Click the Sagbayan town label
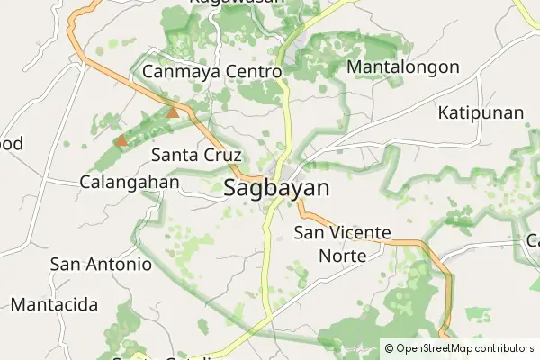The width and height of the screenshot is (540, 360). [x=276, y=189]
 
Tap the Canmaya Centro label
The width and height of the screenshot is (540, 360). [x=212, y=71]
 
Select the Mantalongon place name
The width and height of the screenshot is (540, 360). [x=402, y=67]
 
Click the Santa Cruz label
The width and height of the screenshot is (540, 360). [x=196, y=155]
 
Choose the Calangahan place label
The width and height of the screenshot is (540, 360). [x=129, y=181]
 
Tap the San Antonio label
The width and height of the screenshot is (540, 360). [x=101, y=265]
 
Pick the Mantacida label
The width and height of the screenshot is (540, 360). [x=54, y=304]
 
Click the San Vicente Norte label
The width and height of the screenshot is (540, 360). [x=343, y=244]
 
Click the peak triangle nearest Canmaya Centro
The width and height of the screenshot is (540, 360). [x=173, y=112]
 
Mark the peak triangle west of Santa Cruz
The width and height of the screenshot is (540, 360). [x=121, y=140]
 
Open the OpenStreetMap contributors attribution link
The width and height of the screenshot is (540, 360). [x=464, y=347]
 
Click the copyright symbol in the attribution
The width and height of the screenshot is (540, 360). [x=389, y=347]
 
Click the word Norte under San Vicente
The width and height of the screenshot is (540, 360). [x=343, y=256]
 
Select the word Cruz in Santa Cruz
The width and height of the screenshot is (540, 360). [x=221, y=155]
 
